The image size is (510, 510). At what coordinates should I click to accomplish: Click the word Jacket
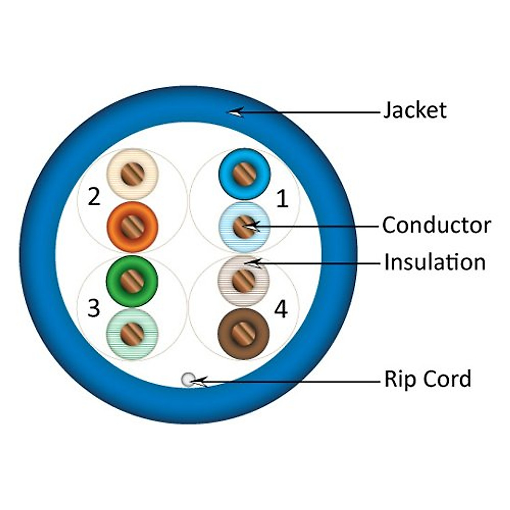point(414,110)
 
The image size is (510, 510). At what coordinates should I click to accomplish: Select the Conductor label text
point(436,225)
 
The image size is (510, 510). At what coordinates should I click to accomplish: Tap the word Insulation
point(434,262)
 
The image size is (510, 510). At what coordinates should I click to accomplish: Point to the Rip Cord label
point(428,379)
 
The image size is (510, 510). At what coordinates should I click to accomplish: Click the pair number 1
point(282,199)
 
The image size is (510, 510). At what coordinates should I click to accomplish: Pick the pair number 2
point(94,197)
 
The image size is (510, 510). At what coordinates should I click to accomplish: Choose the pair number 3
point(94,309)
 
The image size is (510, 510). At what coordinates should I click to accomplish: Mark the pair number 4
point(280,309)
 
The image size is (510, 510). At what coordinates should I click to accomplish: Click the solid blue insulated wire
point(244,174)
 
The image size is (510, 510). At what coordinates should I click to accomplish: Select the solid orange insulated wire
point(133,227)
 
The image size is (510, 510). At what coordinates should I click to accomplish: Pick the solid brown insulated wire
point(244,334)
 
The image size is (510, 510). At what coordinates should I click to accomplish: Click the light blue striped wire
point(244,227)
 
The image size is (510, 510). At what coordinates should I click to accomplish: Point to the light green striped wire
point(132,334)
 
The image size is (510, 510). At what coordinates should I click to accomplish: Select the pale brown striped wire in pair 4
point(244,280)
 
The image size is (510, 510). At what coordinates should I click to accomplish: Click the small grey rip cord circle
point(187,380)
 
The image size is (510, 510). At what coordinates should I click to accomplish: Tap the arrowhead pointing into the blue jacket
point(235,112)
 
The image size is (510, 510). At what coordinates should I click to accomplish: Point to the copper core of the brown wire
point(244,334)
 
